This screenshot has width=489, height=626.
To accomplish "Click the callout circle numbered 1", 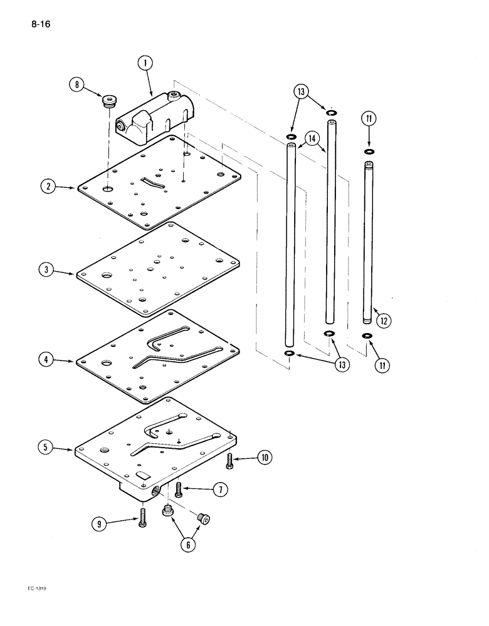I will [145, 63].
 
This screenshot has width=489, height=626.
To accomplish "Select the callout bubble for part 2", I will [47, 186].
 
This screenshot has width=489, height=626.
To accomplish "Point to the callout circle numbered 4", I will [47, 361].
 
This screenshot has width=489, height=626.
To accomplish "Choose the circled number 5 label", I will [47, 448].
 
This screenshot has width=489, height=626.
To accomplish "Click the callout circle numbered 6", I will [187, 545].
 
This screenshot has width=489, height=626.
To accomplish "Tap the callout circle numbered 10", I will [265, 458].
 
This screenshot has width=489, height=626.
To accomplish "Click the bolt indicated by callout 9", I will [142, 517].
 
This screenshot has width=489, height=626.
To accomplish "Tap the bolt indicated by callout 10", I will [230, 460].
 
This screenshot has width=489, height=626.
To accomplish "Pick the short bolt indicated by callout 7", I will [179, 490].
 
